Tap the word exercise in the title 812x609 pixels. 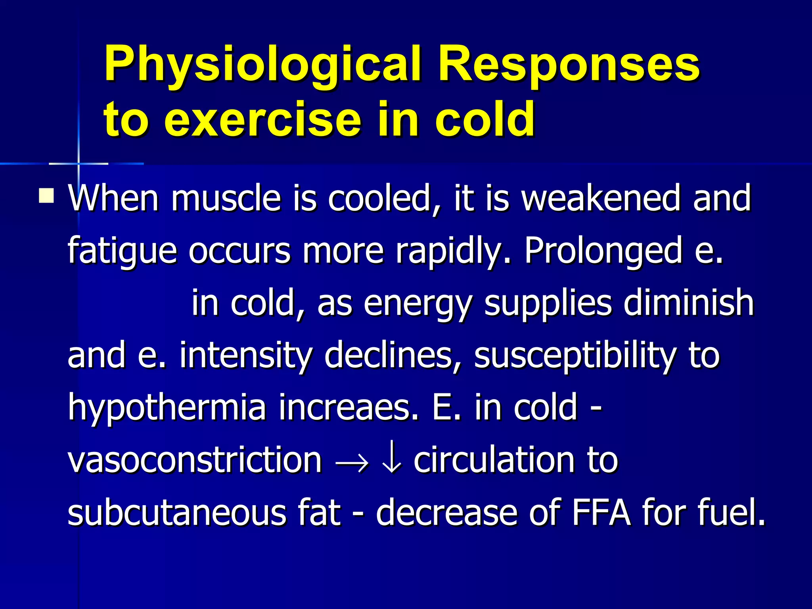click(262, 119)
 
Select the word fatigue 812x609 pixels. click(122, 251)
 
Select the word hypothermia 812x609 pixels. click(167, 408)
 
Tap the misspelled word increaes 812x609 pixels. click(349, 408)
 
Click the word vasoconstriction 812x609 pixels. click(194, 460)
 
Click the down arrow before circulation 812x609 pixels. click(392, 460)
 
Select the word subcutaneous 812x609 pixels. click(177, 512)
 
